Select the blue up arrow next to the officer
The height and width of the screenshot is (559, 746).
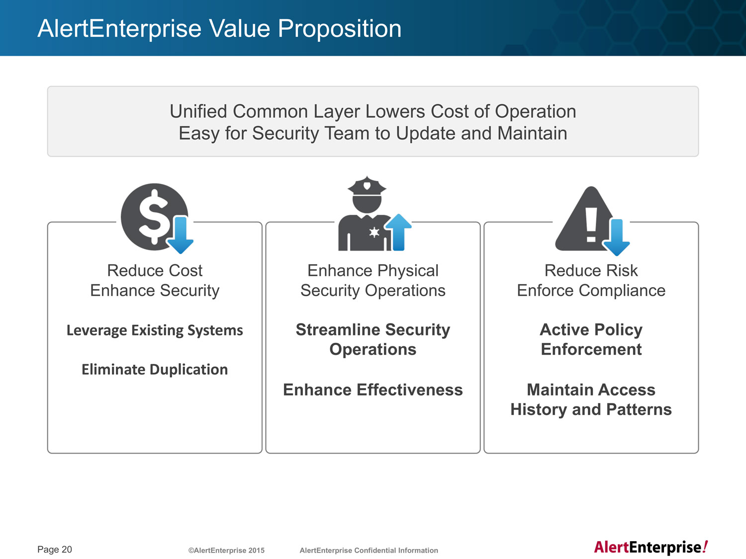click(399, 232)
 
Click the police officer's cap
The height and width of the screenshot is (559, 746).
click(367, 186)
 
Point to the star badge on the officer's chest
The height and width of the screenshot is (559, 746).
click(374, 232)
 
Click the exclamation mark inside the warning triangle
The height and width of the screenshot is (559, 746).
click(591, 225)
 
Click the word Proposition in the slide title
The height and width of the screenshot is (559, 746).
click(340, 28)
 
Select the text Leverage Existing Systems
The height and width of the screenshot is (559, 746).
click(155, 330)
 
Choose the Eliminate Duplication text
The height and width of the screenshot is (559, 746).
click(155, 369)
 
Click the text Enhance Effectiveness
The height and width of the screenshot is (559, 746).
click(373, 390)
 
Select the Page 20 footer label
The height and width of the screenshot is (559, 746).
click(55, 550)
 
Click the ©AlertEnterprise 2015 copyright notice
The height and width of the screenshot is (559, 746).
click(226, 550)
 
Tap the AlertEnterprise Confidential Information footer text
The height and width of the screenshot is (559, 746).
click(369, 550)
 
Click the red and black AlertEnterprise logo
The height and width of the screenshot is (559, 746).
click(651, 548)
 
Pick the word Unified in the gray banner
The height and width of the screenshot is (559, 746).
click(198, 111)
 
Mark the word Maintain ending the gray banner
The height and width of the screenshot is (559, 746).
click(532, 133)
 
